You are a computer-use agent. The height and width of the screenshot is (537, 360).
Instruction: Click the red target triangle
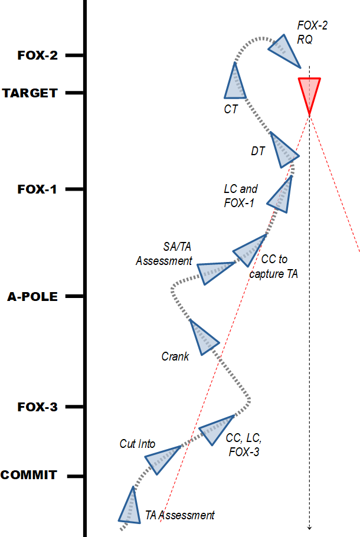point(309,91)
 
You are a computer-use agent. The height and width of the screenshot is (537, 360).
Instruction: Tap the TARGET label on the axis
point(30,93)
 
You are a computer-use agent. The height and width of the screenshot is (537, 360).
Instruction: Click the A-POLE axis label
point(32,297)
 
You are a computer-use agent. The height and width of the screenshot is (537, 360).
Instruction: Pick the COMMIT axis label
point(29,475)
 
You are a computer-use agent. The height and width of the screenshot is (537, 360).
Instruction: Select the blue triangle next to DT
point(283,151)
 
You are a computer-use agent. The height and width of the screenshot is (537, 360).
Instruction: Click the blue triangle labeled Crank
point(203,338)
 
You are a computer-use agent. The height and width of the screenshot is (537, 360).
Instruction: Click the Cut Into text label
point(138,444)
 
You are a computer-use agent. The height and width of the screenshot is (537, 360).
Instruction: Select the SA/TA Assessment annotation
point(165,253)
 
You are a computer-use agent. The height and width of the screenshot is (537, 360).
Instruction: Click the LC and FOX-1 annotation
point(240,196)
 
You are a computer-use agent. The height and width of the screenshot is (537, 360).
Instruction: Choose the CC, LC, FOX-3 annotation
point(244,446)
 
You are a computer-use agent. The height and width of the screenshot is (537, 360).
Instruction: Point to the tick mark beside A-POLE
point(72,296)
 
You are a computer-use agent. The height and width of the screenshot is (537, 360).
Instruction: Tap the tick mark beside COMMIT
point(72,476)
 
